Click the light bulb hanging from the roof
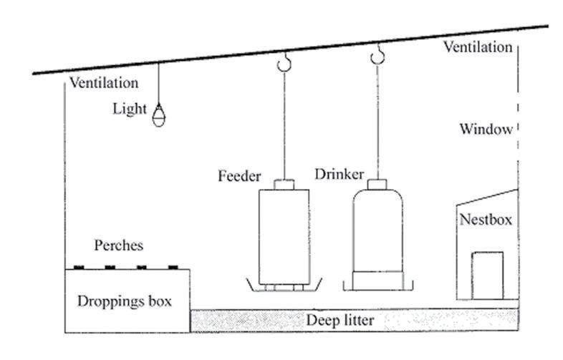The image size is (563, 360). pos(158,113)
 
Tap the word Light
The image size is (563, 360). pos(129,110)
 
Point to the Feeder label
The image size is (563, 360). pos(239,175)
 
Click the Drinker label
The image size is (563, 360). pos(340,174)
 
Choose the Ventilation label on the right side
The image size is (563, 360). pos(478,48)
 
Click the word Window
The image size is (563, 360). pos(486,130)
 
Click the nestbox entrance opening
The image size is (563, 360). pos(487,274)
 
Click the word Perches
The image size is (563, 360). pos(119,245)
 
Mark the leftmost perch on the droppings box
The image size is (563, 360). pos(77,267)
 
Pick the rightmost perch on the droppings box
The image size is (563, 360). pos(173,267)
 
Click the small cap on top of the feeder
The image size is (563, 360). pos(284,183)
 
